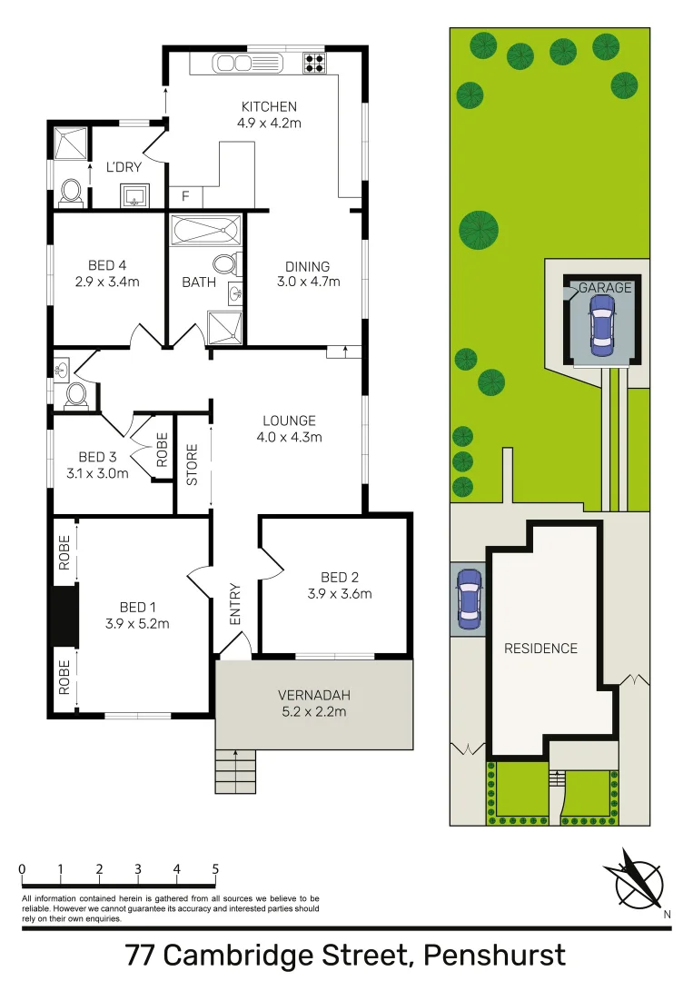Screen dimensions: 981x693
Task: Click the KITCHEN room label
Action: click(x=269, y=107)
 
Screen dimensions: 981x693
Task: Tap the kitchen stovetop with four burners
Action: click(x=314, y=63)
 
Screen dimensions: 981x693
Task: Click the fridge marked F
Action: click(x=185, y=196)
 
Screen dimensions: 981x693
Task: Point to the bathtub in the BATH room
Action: click(x=205, y=231)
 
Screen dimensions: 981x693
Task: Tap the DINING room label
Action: click(x=307, y=266)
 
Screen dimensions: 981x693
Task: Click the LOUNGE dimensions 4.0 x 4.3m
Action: click(x=289, y=437)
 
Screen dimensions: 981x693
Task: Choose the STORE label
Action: click(x=193, y=464)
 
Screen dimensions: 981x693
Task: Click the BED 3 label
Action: click(x=99, y=457)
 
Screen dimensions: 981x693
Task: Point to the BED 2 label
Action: click(x=341, y=577)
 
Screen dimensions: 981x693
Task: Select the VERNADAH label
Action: click(x=313, y=696)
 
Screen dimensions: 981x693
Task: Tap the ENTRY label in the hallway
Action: click(x=235, y=603)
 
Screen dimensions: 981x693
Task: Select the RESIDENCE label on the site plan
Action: click(x=540, y=649)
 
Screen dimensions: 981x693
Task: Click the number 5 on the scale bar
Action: click(x=215, y=868)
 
